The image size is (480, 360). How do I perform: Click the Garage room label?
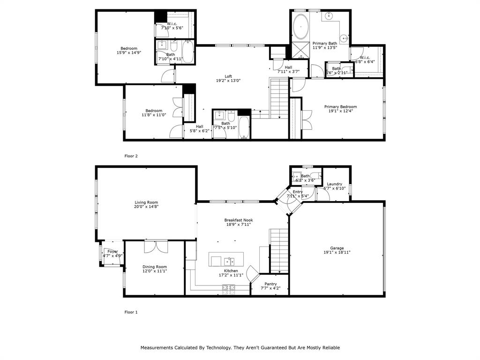[337, 248]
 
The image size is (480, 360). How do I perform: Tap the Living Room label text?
[146, 202]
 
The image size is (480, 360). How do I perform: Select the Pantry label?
[270, 284]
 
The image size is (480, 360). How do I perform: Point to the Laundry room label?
[334, 184]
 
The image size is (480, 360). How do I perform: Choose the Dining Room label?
[155, 267]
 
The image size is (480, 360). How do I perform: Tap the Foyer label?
[112, 252]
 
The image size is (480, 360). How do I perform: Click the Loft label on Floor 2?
[228, 76]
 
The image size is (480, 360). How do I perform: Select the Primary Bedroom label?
[340, 106]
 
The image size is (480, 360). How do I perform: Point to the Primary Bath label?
[325, 44]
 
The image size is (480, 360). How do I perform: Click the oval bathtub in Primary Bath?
[300, 27]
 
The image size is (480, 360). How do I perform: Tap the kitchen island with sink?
[226, 259]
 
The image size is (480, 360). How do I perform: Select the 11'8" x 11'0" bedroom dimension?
[154, 115]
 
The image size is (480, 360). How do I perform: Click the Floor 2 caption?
[131, 156]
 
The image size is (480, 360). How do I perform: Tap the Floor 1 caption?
[131, 312]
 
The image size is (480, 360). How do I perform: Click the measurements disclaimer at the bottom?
[240, 348]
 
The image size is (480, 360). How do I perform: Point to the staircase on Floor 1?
[279, 250]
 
